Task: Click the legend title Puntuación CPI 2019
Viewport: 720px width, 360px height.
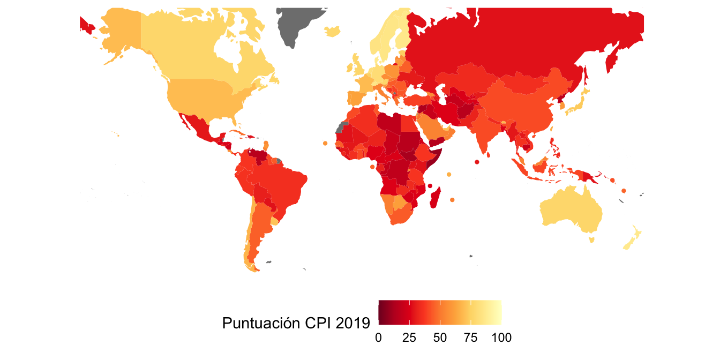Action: point(296,323)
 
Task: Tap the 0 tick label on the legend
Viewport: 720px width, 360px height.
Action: point(379,338)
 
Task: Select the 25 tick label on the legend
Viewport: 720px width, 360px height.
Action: point(409,338)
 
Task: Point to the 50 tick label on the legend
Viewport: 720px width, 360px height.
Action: point(440,338)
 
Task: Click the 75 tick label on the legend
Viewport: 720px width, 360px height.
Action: point(470,338)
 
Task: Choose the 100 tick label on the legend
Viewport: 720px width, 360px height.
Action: point(501,338)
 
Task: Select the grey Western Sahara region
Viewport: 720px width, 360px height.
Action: point(340,127)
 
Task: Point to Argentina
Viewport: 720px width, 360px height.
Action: point(259,230)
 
